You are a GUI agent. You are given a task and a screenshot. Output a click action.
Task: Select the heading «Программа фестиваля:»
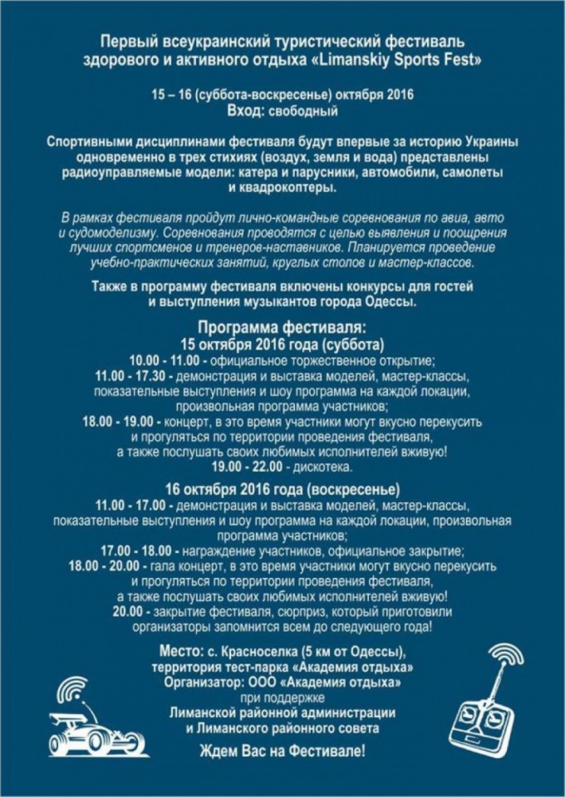pyautogui.click(x=282, y=329)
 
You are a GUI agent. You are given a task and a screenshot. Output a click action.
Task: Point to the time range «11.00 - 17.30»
pyautogui.click(x=131, y=375)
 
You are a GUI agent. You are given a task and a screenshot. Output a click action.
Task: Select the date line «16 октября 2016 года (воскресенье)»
pyautogui.click(x=282, y=489)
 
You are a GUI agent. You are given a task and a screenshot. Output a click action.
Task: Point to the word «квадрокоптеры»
pyautogui.click(x=282, y=188)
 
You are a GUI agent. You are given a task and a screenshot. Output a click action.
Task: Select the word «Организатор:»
pyautogui.click(x=206, y=683)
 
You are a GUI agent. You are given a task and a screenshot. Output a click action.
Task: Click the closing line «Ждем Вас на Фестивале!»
pyautogui.click(x=282, y=752)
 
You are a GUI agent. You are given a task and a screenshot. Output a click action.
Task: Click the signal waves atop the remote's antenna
pyautogui.click(x=508, y=655)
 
